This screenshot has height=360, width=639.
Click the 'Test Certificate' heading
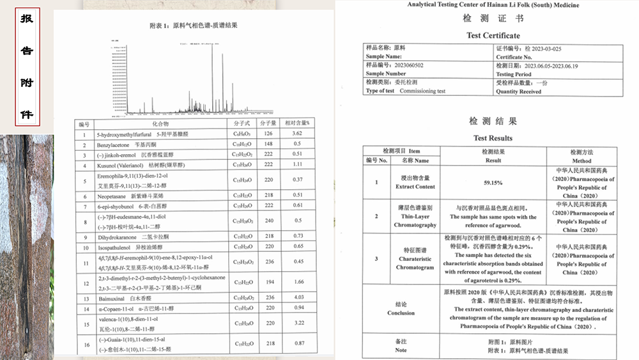tap(493, 36)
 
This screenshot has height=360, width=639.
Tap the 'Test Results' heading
tap(493, 138)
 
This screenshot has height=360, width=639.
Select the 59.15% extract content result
tap(493, 183)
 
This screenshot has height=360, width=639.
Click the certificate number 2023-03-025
tap(543, 48)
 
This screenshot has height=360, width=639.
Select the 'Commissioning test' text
tap(422, 91)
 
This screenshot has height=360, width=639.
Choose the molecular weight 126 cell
tap(268, 134)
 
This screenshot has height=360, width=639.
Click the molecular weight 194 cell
tap(268, 281)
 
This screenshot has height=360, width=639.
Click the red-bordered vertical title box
tap(27, 66)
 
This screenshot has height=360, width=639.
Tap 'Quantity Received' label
tap(518, 91)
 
